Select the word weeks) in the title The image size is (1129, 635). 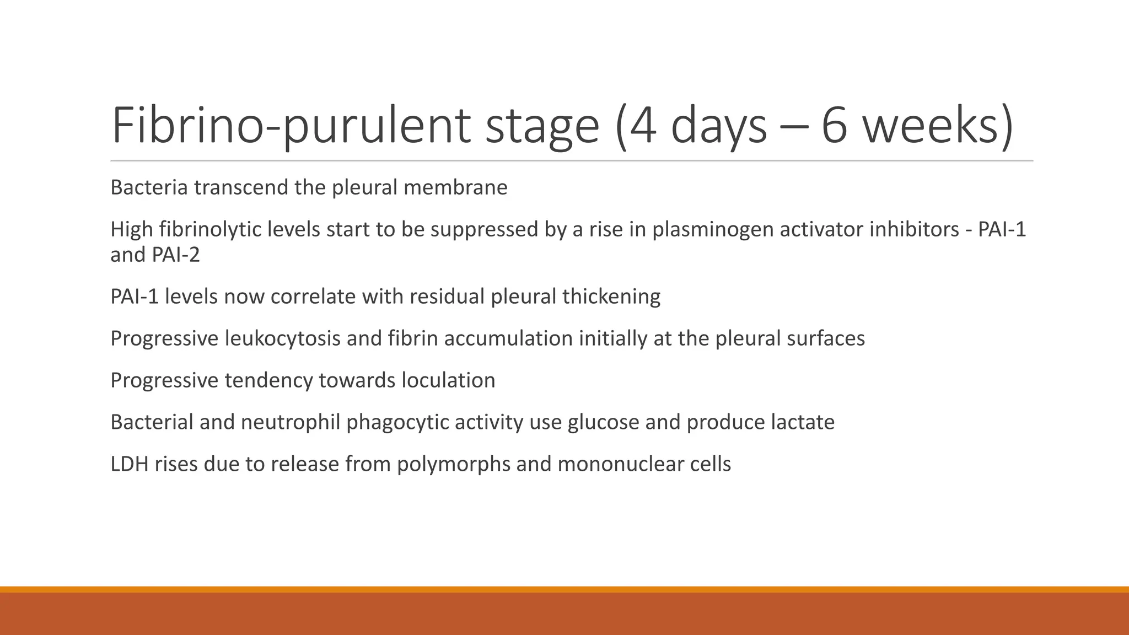[938, 126]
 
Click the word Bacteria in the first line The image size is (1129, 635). [149, 187]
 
